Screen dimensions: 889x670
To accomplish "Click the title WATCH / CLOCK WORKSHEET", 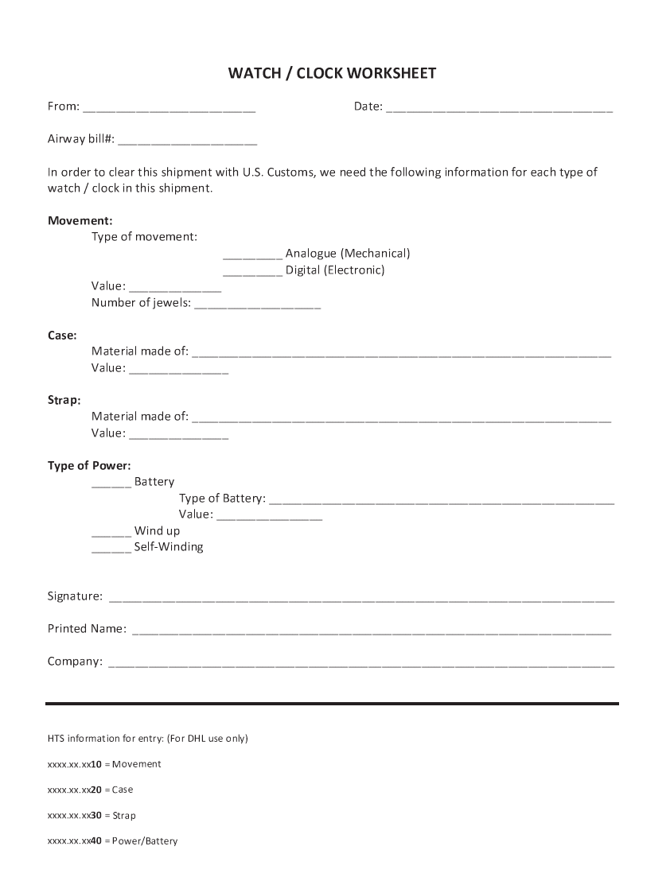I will pyautogui.click(x=332, y=74).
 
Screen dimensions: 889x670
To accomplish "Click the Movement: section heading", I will pyautogui.click(x=80, y=220).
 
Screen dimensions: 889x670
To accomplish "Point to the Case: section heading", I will pyautogui.click(x=62, y=336).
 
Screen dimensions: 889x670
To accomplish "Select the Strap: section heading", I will pyautogui.click(x=64, y=400).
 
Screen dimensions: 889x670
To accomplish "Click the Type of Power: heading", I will pyautogui.click(x=89, y=465).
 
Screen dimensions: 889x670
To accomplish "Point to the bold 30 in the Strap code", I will pyautogui.click(x=96, y=815).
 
